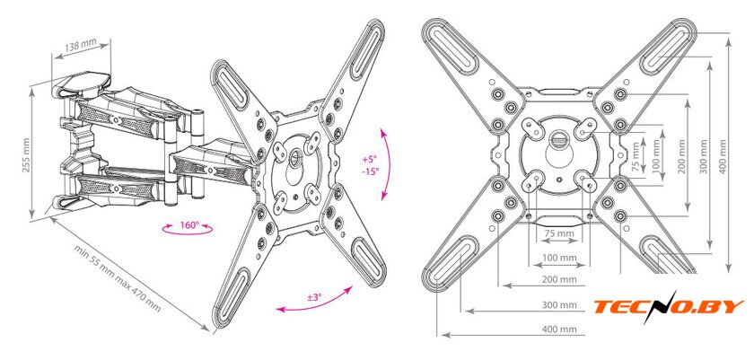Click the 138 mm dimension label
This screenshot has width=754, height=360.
point(80,46)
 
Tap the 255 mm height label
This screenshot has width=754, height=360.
point(26,154)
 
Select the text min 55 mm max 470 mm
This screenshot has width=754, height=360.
point(118,278)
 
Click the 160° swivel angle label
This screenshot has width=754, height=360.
point(189,225)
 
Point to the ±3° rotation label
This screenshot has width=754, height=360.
point(313,297)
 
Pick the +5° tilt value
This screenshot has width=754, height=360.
point(370,159)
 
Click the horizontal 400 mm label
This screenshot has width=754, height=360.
point(559,330)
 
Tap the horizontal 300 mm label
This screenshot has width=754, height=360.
point(559,304)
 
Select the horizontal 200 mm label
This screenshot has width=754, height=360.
point(559,279)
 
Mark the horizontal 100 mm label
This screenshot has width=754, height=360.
point(559,257)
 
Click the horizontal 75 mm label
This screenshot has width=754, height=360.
point(559,233)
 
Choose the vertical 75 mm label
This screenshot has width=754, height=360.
point(636,157)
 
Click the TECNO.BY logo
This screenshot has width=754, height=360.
point(669,307)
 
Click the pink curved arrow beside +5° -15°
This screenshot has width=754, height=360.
point(388,164)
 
